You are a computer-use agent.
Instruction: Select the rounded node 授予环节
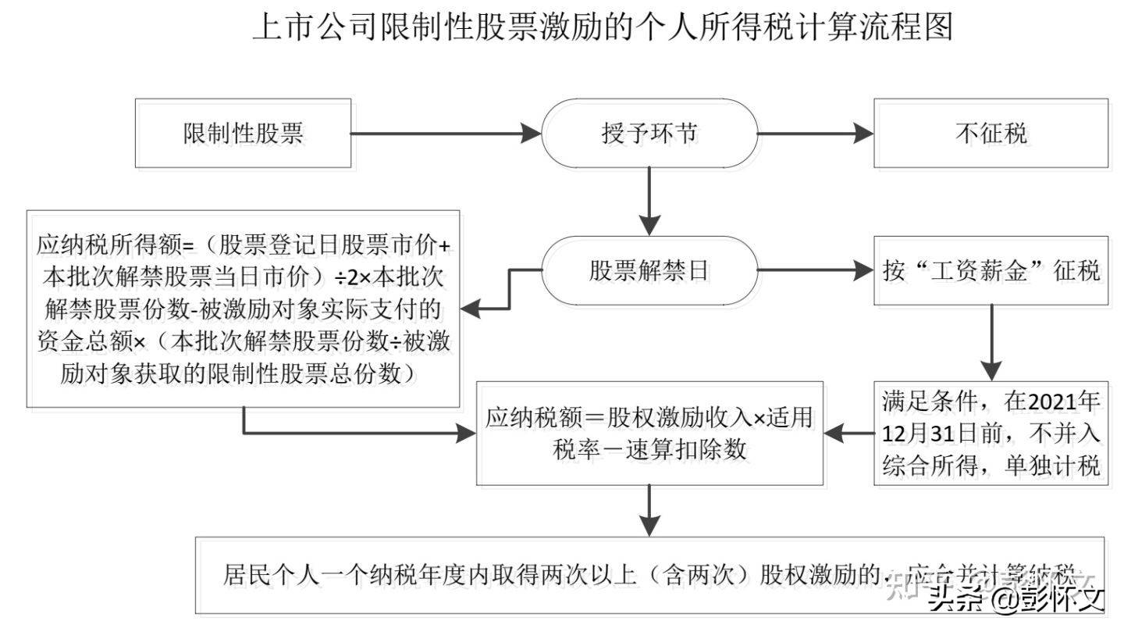(x=649, y=134)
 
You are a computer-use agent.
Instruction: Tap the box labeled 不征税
(x=991, y=134)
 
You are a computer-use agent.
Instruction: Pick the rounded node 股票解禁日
(x=649, y=271)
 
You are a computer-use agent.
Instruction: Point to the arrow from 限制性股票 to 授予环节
(x=445, y=134)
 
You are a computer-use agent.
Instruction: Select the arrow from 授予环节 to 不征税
(x=815, y=134)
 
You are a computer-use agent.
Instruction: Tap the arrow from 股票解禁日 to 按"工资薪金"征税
(x=815, y=271)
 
